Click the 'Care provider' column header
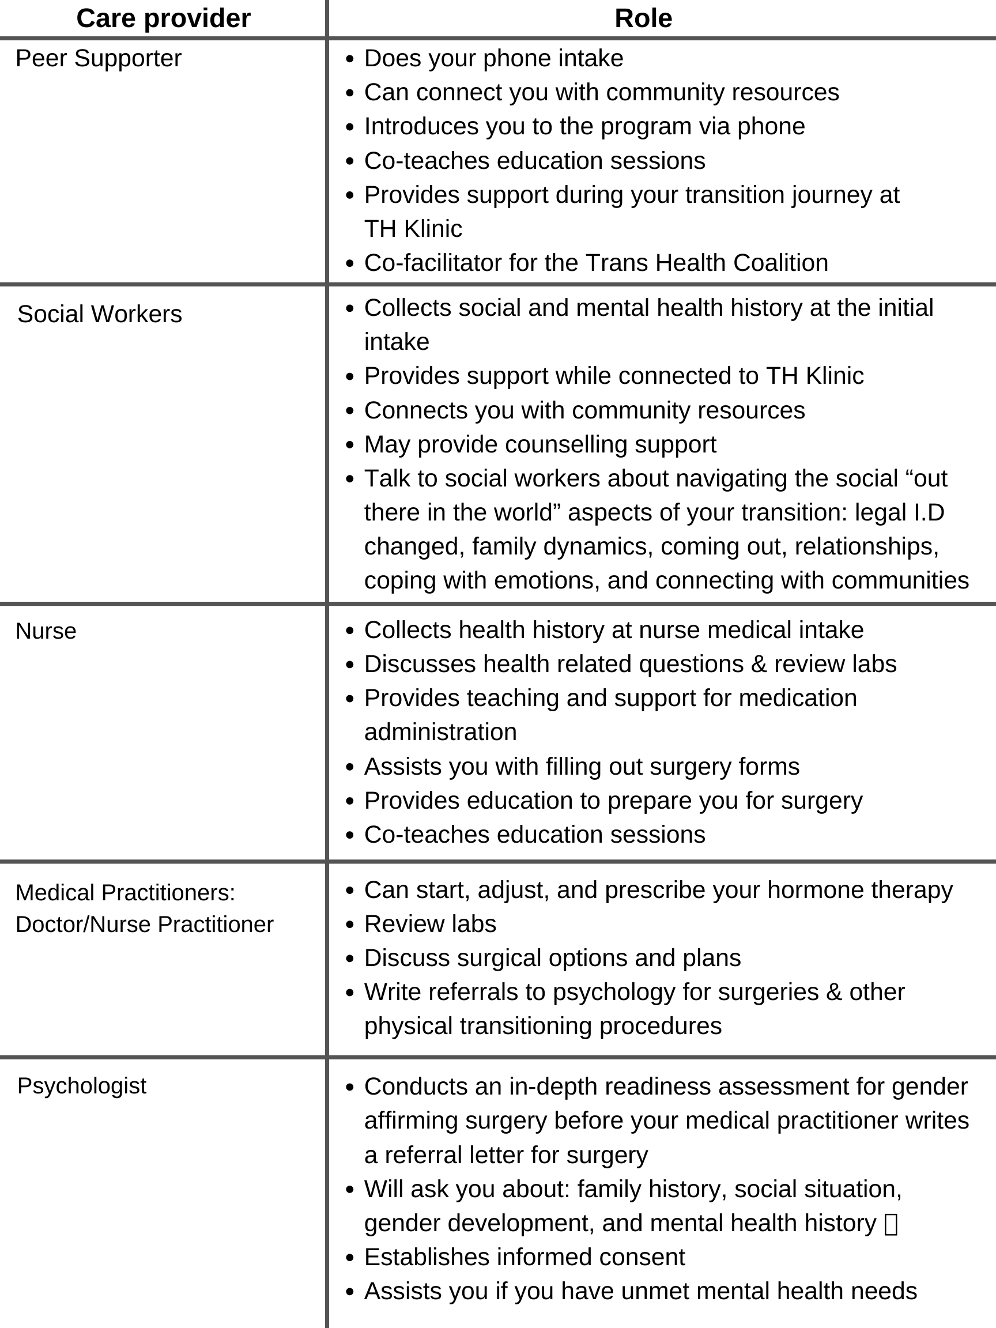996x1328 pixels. point(163,18)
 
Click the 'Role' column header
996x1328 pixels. point(643,18)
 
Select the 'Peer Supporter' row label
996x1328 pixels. point(99,59)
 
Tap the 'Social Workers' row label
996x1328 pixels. point(100,315)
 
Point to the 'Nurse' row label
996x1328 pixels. point(46,632)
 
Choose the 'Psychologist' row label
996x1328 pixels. point(82,1086)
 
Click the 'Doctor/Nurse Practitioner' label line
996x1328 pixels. point(145,925)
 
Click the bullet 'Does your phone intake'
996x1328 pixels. point(493,59)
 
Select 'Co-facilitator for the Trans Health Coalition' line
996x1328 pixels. point(595,263)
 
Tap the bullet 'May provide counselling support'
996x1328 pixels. point(539,445)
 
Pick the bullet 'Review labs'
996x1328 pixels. point(430,925)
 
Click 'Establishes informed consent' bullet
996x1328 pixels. point(524,1257)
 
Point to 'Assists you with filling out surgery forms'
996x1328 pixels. point(582,767)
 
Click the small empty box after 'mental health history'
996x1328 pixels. point(892,1225)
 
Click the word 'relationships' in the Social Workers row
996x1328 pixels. point(866,547)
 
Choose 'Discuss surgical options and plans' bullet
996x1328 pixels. point(552,958)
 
